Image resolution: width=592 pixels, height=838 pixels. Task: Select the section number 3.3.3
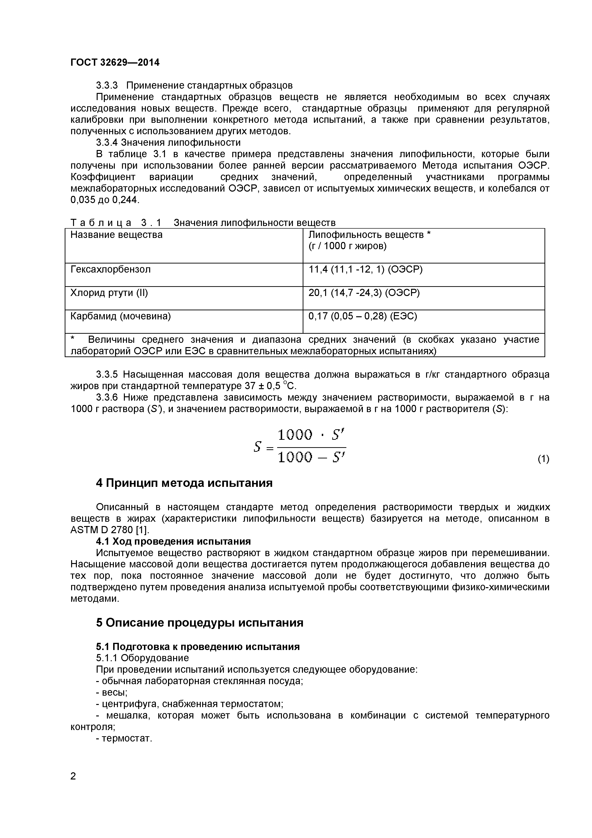[107, 86]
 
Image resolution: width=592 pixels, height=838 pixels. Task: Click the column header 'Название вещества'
[116, 235]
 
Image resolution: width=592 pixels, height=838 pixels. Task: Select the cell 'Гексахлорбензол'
[110, 269]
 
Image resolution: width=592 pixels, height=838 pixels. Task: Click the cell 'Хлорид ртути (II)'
[109, 293]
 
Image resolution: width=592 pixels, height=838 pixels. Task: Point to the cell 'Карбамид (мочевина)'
[120, 316]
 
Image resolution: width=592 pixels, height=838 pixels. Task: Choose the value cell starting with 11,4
[365, 269]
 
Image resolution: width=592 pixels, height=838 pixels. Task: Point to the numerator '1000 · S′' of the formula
[311, 435]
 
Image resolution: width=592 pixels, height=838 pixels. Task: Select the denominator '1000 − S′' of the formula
[311, 457]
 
